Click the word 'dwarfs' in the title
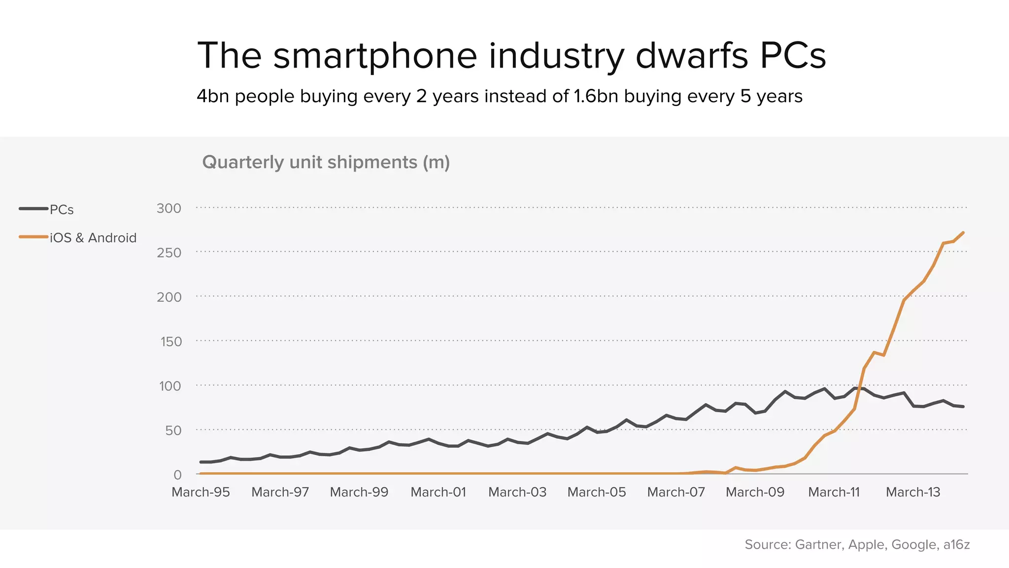[692, 55]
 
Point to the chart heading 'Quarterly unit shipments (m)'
[326, 162]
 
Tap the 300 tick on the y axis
[169, 208]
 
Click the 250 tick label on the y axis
[169, 252]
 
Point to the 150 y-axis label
[170, 341]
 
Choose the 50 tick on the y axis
[173, 430]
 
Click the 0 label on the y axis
[177, 475]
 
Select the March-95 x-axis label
[201, 492]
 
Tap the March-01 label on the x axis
[438, 492]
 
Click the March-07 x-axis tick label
[675, 492]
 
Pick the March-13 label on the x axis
[913, 492]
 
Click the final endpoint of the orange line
[963, 233]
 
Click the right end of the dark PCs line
[963, 407]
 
